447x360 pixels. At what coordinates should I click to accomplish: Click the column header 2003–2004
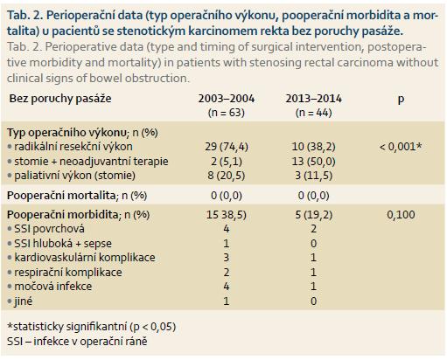(x=227, y=99)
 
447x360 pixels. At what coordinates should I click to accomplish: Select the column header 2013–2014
(x=313, y=99)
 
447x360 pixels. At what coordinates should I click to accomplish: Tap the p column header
(x=401, y=100)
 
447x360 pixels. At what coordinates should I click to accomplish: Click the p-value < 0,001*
(x=401, y=147)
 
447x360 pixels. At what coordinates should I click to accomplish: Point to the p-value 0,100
(x=401, y=215)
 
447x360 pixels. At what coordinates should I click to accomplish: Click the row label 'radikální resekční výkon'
(x=73, y=147)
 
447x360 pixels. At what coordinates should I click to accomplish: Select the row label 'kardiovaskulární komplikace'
(x=85, y=258)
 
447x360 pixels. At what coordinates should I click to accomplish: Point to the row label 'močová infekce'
(x=53, y=287)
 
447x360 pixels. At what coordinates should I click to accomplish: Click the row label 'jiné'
(x=23, y=301)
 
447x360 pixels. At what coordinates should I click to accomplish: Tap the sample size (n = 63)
(x=227, y=113)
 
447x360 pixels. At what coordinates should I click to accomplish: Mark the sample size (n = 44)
(x=313, y=113)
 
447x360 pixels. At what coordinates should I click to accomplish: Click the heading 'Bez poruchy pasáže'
(x=60, y=99)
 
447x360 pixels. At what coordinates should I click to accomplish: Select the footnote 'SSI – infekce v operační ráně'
(x=77, y=342)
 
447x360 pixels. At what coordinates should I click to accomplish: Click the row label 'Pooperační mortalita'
(x=61, y=196)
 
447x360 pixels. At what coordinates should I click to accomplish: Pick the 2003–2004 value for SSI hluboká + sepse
(x=227, y=243)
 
